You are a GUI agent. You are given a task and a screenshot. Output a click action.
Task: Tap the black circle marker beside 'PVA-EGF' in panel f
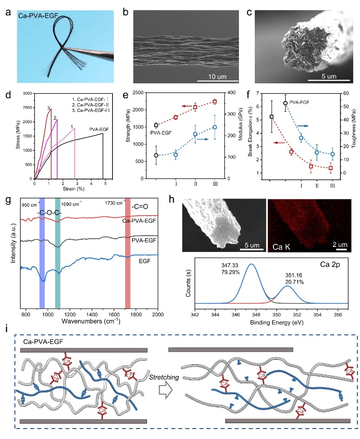pos(285,103)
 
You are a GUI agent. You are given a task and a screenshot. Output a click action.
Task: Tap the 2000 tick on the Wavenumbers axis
pos(157,314)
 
